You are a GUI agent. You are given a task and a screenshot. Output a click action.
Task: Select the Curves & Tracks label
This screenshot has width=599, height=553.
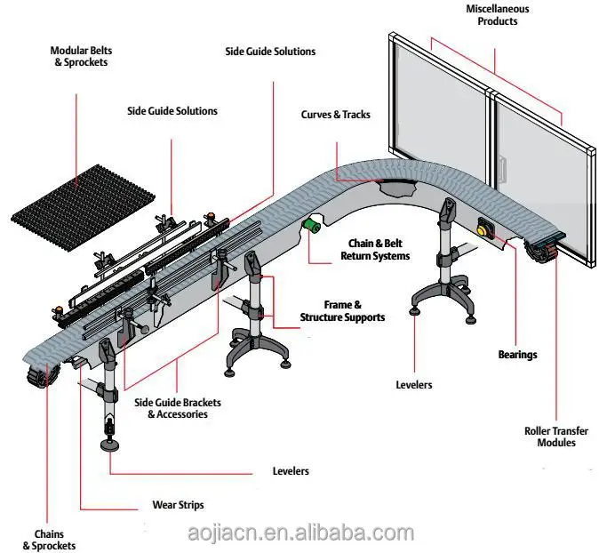(335, 115)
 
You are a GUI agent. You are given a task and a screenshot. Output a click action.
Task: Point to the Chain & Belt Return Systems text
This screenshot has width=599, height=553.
(375, 249)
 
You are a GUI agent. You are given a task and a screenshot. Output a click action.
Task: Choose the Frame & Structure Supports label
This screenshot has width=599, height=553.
(342, 310)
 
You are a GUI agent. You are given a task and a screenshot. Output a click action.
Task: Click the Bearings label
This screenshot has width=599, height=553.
(517, 355)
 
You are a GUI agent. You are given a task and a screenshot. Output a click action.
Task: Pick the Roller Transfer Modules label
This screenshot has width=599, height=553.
(556, 437)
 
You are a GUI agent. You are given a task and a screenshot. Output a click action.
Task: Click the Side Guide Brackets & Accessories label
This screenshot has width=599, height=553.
(178, 408)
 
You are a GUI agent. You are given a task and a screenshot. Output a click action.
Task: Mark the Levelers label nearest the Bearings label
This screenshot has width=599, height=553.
(413, 385)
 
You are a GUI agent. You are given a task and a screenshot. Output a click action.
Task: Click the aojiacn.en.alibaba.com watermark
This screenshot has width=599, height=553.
(301, 533)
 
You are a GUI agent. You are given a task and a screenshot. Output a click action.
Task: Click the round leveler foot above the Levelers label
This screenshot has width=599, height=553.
(111, 445)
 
